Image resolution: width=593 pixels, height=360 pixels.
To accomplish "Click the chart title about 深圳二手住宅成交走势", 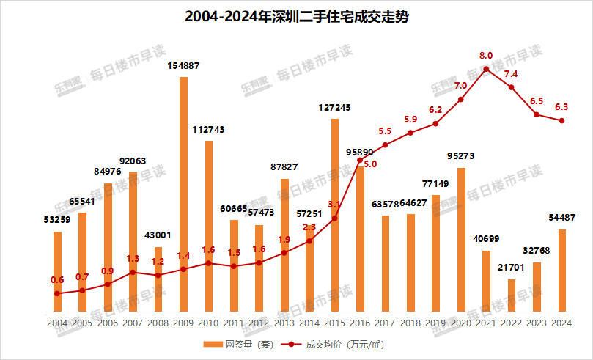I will click(296, 17).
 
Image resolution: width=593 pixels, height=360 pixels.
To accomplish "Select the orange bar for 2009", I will click(183, 194).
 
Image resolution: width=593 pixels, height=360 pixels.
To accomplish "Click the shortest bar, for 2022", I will click(511, 295).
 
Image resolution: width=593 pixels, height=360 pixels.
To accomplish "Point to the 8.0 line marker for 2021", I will click(486, 69).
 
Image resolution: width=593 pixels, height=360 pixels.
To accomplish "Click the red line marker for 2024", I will click(561, 121).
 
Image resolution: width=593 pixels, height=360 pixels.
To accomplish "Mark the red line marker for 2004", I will click(57, 293).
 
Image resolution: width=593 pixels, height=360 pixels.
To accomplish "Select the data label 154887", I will click(183, 66).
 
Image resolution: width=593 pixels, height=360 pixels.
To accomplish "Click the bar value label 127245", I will click(334, 107).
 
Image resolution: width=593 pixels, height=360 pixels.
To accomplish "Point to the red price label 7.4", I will click(511, 74).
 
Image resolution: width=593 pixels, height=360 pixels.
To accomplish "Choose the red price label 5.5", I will click(385, 131).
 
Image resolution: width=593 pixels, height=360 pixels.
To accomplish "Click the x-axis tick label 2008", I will click(158, 323).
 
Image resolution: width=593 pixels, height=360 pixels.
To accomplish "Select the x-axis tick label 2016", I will click(360, 323).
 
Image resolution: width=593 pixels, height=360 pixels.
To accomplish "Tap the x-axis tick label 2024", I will click(561, 323).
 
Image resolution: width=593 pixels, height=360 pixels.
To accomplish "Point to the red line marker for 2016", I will click(360, 160).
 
